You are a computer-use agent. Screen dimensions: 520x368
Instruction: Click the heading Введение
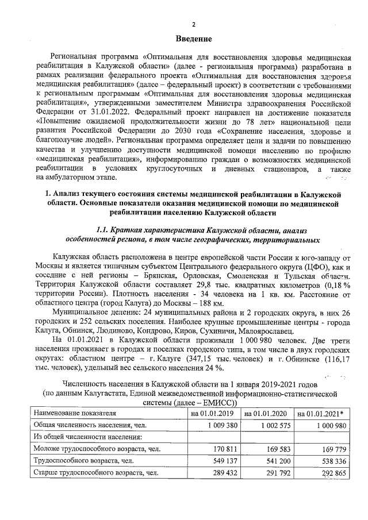coord(194,39)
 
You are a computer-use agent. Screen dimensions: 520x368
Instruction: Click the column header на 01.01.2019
coord(212,413)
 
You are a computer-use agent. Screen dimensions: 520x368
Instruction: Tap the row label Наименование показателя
coord(75,413)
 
